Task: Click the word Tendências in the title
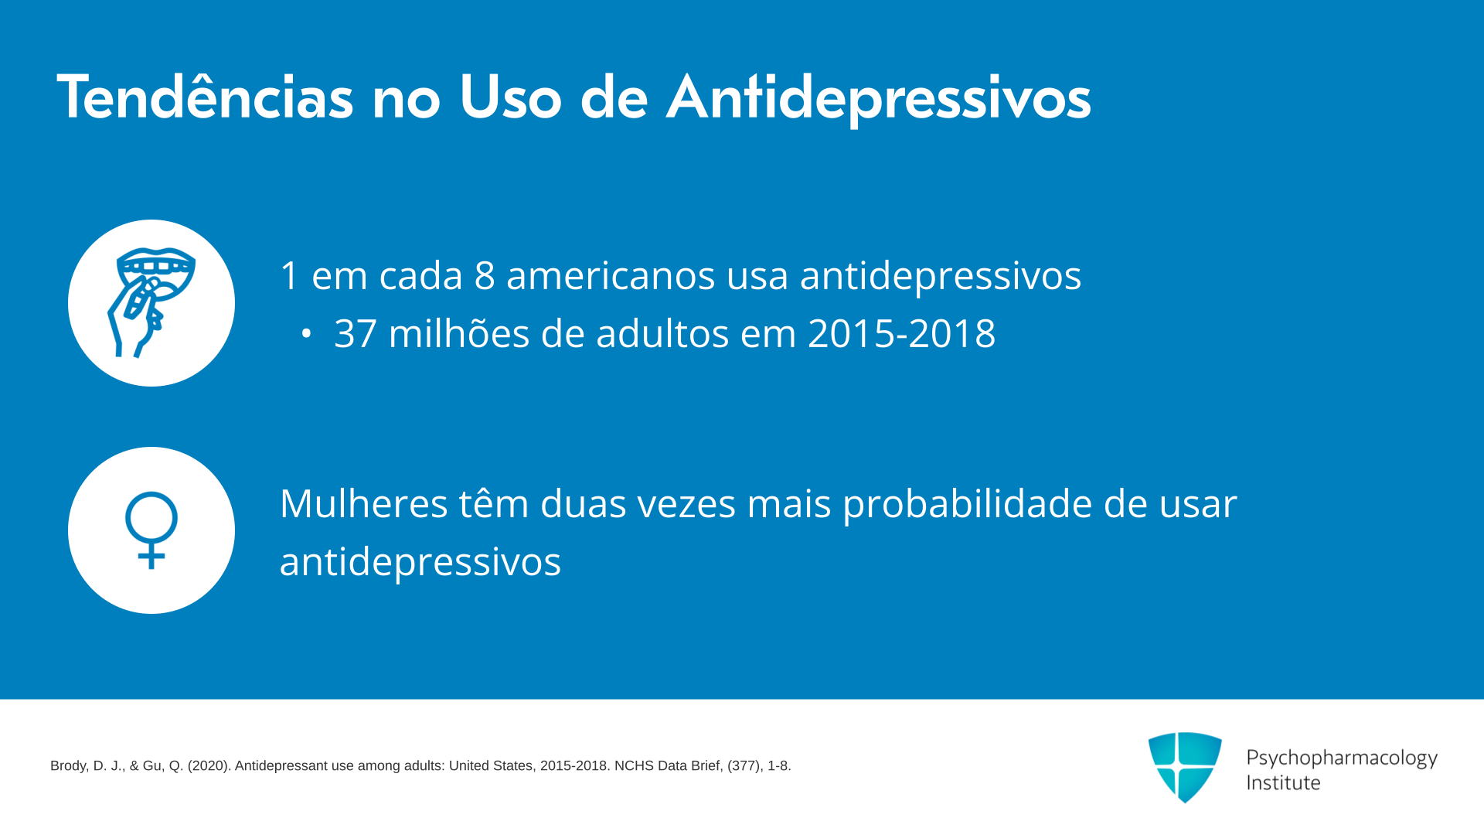pyautogui.click(x=205, y=97)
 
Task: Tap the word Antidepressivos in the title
pyautogui.click(x=879, y=98)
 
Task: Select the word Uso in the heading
pyautogui.click(x=510, y=97)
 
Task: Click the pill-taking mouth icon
pyautogui.click(x=151, y=302)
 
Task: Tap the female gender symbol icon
pyautogui.click(x=151, y=530)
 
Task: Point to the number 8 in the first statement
pyautogui.click(x=485, y=275)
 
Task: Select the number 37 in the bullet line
pyautogui.click(x=355, y=334)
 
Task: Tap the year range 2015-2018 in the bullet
pyautogui.click(x=901, y=334)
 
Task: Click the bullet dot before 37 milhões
pyautogui.click(x=307, y=334)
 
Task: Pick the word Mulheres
pyautogui.click(x=363, y=503)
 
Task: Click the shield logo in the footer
pyautogui.click(x=1185, y=767)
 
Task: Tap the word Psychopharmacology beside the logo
pyautogui.click(x=1342, y=758)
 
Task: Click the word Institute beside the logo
pyautogui.click(x=1283, y=782)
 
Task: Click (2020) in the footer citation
pyautogui.click(x=209, y=766)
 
